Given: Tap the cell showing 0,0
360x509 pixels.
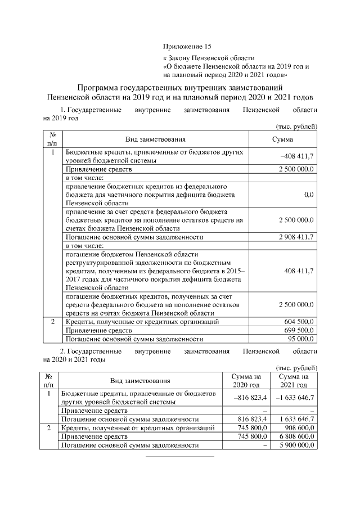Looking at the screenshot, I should pos(308,193).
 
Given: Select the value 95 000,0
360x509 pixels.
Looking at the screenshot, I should pos(301,339).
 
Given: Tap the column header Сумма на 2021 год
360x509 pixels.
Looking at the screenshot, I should pos(294,381).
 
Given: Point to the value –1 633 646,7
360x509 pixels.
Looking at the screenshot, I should pos(294,398).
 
